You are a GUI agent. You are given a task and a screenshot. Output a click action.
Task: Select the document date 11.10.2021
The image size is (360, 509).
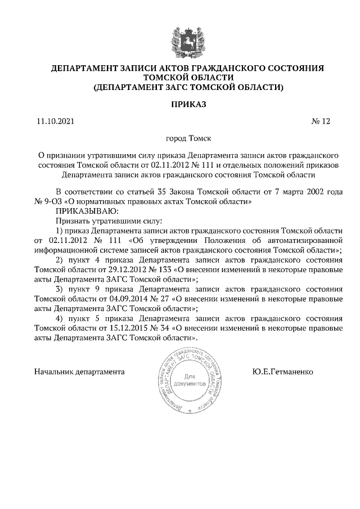[x=55, y=121]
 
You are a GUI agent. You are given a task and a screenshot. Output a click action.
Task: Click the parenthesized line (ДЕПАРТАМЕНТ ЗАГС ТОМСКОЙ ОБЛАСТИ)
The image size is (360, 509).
[x=188, y=88]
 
